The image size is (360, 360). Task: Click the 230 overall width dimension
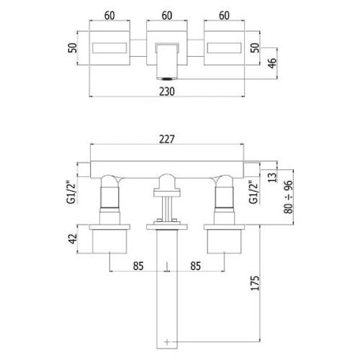(167, 91)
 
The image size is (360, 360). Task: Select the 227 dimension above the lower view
(167, 139)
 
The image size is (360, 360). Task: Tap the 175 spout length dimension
(255, 283)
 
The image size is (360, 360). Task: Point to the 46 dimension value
(272, 63)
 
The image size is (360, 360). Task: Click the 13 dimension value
(272, 177)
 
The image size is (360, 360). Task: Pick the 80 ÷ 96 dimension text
(289, 197)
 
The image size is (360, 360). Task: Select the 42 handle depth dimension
(73, 239)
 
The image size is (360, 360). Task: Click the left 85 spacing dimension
(138, 266)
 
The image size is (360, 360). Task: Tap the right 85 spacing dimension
(196, 266)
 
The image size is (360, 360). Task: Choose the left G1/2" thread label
(71, 192)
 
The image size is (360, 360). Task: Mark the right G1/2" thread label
(253, 192)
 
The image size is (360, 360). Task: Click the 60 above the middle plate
(167, 16)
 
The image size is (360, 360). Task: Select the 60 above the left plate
(109, 16)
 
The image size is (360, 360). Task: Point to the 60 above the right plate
(224, 16)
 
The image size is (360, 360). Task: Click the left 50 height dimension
(73, 48)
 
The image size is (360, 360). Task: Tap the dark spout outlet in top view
(167, 78)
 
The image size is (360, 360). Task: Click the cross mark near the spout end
(167, 341)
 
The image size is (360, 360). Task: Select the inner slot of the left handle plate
(109, 48)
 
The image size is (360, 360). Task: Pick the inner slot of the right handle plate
(224, 48)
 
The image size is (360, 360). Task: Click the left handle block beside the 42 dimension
(109, 241)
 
